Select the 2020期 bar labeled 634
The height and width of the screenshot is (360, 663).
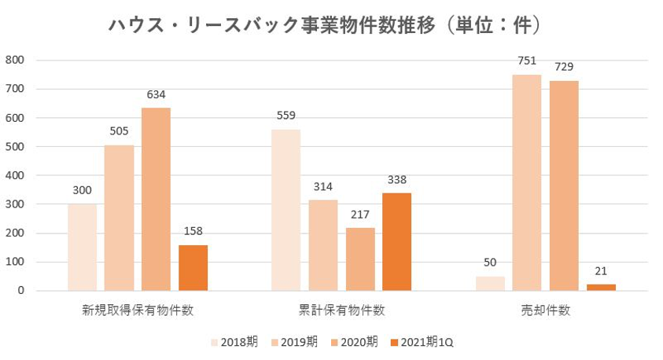click(x=156, y=199)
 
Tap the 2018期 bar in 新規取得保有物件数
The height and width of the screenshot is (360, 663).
click(x=82, y=247)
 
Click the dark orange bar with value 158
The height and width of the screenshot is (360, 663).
click(x=193, y=267)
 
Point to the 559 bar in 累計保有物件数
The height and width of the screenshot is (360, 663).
click(x=285, y=210)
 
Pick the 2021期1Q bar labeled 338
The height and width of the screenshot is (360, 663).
click(x=396, y=241)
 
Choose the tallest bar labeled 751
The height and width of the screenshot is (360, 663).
click(x=526, y=182)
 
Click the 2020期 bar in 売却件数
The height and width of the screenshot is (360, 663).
click(x=563, y=186)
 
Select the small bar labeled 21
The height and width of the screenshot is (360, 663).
click(x=601, y=287)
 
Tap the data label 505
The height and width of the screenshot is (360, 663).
click(x=119, y=130)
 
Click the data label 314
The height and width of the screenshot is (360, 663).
click(x=322, y=186)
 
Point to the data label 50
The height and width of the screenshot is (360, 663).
click(x=489, y=263)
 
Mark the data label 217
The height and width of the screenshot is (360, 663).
click(x=359, y=214)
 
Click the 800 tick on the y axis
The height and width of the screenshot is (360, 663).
click(x=15, y=60)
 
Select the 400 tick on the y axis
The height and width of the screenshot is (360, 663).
click(x=15, y=175)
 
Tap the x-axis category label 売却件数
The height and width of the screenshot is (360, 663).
click(x=544, y=310)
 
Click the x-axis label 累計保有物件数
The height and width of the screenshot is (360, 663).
click(x=341, y=310)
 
